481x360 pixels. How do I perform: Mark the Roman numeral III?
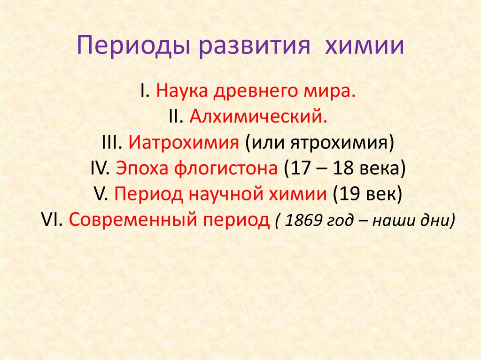pos(112,142)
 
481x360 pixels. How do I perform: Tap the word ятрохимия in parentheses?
pos(341,142)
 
